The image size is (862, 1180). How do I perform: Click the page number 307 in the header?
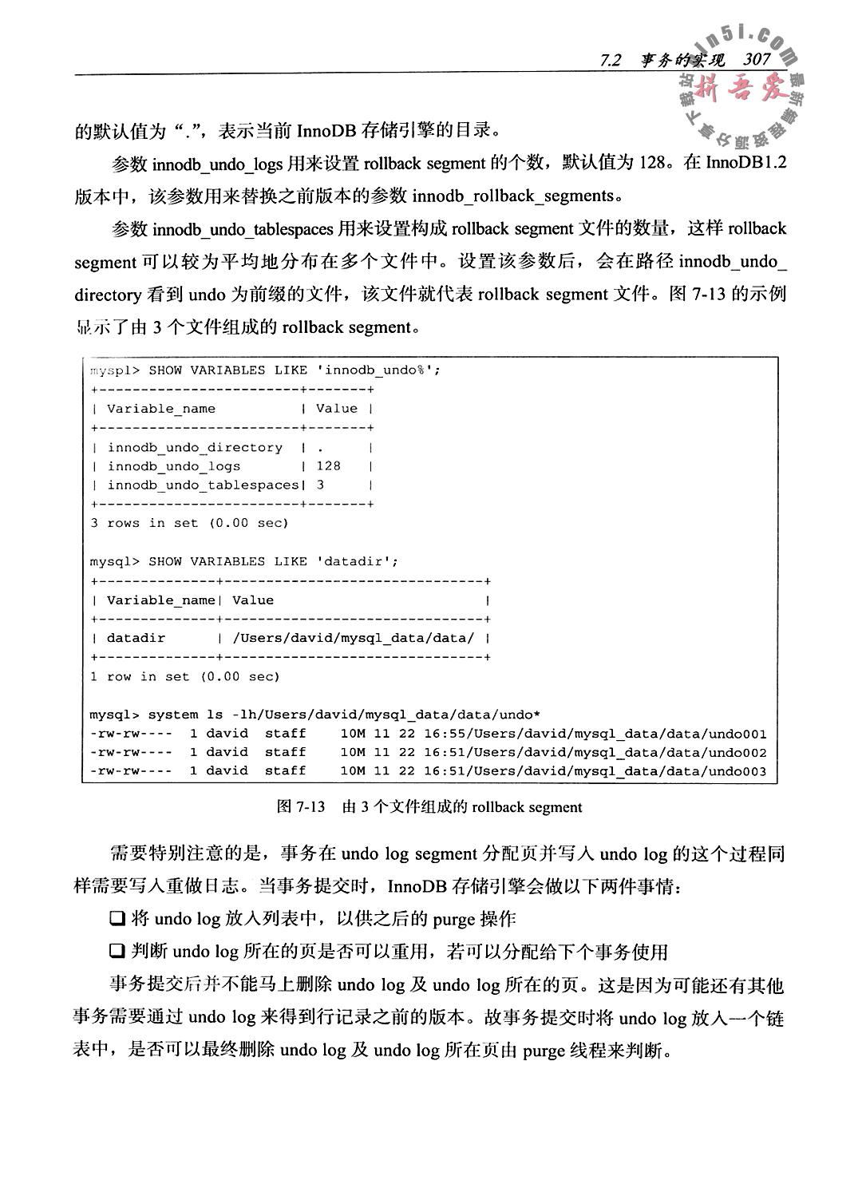pos(756,60)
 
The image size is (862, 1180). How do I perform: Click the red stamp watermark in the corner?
pos(738,88)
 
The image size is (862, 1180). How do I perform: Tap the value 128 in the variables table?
pos(328,466)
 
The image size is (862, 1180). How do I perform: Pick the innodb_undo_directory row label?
pos(195,448)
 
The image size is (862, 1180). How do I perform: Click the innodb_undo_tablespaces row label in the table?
pos(203,485)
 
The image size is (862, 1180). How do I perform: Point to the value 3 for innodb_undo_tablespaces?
pos(320,485)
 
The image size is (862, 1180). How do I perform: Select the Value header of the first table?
pos(337,409)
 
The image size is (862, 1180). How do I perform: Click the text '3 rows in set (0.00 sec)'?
pos(189,524)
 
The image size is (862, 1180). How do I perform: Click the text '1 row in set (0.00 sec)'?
pos(184,677)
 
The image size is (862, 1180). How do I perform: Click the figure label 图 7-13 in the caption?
pos(301,807)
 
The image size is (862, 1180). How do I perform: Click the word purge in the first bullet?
pos(454,920)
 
